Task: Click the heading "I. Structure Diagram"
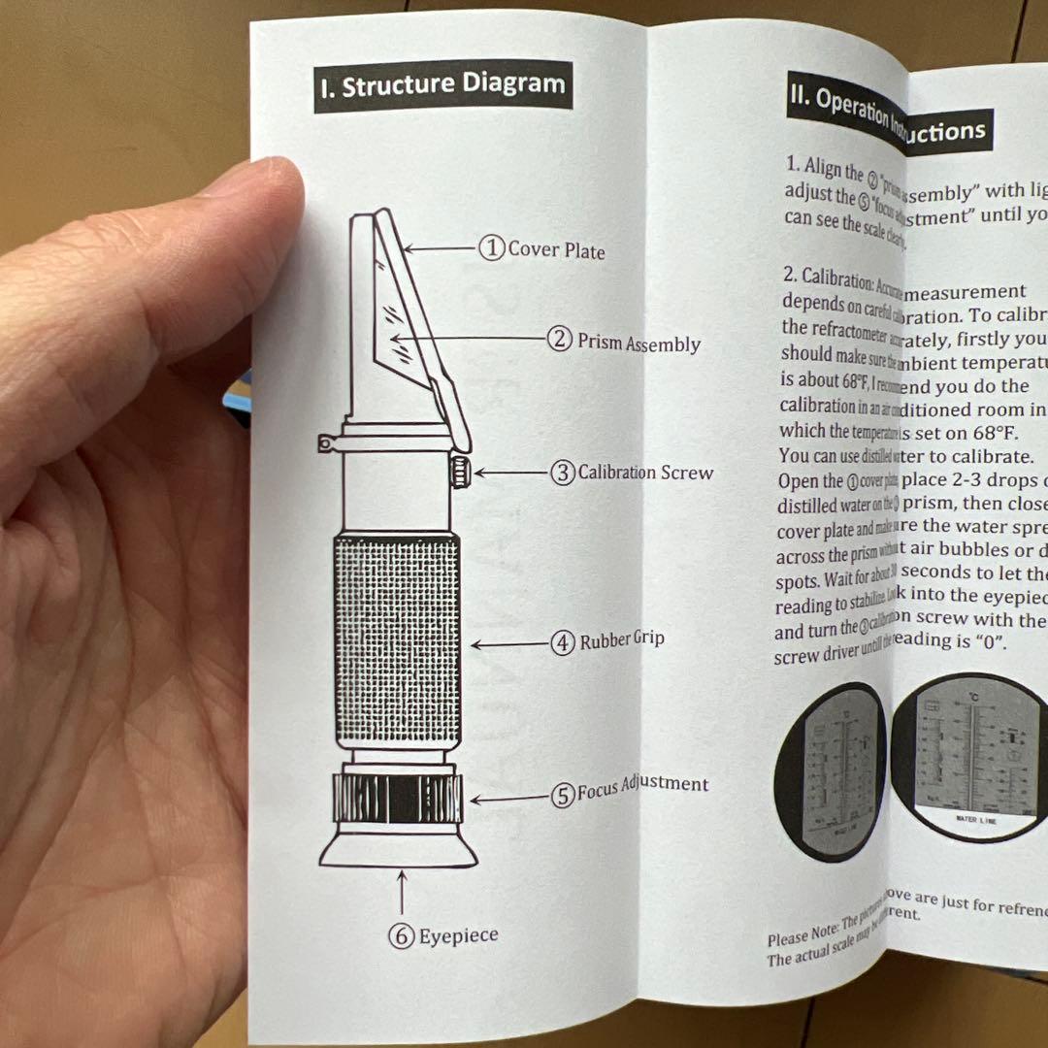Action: click(x=442, y=85)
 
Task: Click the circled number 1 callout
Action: click(x=492, y=249)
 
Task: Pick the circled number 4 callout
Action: click(x=563, y=643)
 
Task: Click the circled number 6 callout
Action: click(x=402, y=936)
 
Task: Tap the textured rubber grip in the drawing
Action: click(x=398, y=640)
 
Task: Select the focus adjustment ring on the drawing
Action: click(x=397, y=799)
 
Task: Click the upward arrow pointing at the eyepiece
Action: click(x=402, y=892)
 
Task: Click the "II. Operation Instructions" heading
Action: click(x=888, y=115)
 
